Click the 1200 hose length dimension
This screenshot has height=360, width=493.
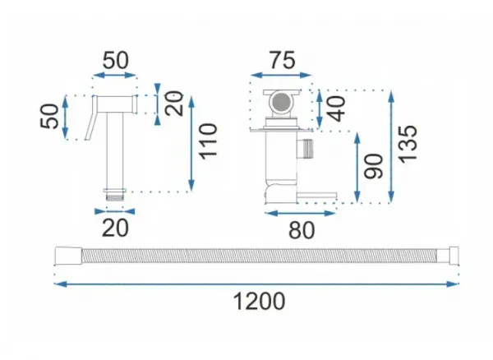click(259, 301)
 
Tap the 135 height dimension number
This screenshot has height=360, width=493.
click(408, 145)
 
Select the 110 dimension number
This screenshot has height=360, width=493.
click(209, 142)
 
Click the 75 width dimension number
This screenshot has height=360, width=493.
click(283, 60)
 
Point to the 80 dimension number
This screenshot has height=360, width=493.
click(302, 230)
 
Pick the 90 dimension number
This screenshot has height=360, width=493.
click(374, 166)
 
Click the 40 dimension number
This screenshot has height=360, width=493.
click(336, 108)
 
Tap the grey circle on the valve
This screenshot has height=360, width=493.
click(281, 101)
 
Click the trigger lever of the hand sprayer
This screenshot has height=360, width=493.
click(91, 118)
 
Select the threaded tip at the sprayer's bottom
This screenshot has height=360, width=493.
click(115, 197)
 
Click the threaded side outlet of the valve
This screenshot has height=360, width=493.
click(306, 148)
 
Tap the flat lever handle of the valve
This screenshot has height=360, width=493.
click(317, 196)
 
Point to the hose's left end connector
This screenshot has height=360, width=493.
click(68, 256)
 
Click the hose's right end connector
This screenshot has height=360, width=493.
click(454, 256)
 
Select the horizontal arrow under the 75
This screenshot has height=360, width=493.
click(281, 75)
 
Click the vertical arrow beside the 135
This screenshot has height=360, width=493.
click(391, 146)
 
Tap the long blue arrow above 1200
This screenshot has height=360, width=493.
click(256, 284)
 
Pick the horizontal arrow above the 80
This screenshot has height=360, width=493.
click(300, 214)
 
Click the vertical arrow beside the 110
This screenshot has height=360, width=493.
click(191, 143)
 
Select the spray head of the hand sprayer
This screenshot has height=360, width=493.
click(117, 104)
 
